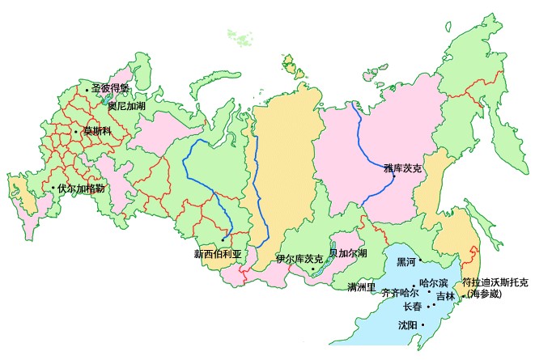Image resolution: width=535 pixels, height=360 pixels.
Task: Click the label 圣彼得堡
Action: pyautogui.click(x=111, y=88)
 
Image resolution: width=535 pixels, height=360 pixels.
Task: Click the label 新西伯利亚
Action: pyautogui.click(x=218, y=252)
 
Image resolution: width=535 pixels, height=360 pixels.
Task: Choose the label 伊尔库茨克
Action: pyautogui.click(x=299, y=259)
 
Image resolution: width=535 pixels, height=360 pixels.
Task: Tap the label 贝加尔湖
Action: pyautogui.click(x=348, y=253)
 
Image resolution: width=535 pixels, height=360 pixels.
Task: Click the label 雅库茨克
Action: pyautogui.click(x=403, y=169)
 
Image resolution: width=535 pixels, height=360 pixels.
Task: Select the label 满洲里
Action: pyautogui.click(x=362, y=287)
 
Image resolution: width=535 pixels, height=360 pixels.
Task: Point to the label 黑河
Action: pyautogui.click(x=405, y=262)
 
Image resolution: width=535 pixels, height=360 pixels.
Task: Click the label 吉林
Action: pyautogui.click(x=445, y=297)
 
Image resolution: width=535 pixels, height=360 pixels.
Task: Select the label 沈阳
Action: pyautogui.click(x=408, y=325)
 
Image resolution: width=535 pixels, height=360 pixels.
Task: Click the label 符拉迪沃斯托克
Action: pyautogui.click(x=495, y=282)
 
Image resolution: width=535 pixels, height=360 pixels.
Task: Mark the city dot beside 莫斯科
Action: pyautogui.click(x=76, y=131)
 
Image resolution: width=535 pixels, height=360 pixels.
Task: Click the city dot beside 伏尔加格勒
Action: pyautogui.click(x=53, y=188)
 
